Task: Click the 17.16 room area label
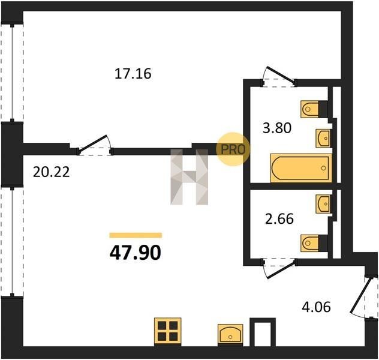tap(133, 73)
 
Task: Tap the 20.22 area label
tap(51, 172)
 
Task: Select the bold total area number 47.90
tap(136, 253)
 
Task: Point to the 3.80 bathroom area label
tap(277, 128)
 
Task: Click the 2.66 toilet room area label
tap(279, 218)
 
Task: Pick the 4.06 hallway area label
tap(317, 307)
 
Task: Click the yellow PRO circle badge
tap(233, 149)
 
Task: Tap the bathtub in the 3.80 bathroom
tap(301, 168)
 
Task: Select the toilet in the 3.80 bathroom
tap(314, 109)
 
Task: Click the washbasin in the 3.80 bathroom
tap(323, 138)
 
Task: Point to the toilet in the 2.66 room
tap(314, 243)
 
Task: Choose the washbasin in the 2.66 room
tap(323, 204)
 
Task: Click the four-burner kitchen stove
tap(168, 331)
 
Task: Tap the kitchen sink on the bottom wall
tap(230, 334)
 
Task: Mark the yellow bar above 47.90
tap(136, 235)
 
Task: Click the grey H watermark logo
tap(189, 177)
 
